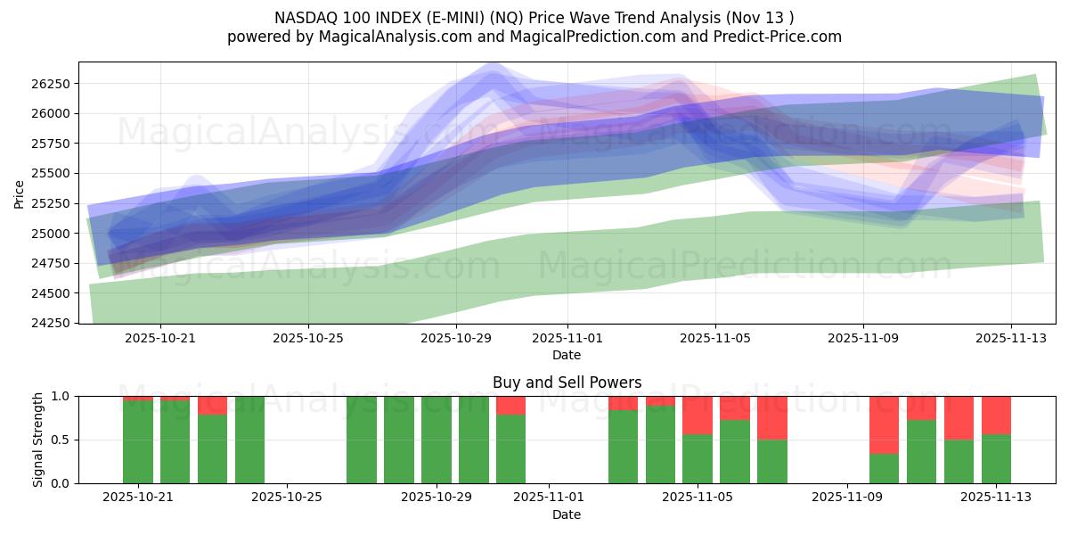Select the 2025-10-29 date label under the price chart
point(455,338)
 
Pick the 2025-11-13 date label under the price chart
point(1010,338)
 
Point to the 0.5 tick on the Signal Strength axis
point(61,440)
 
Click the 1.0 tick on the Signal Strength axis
point(61,396)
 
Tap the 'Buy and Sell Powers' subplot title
point(567,383)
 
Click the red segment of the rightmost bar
point(996,415)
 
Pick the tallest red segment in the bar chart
point(884,425)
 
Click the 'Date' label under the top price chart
point(567,355)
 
